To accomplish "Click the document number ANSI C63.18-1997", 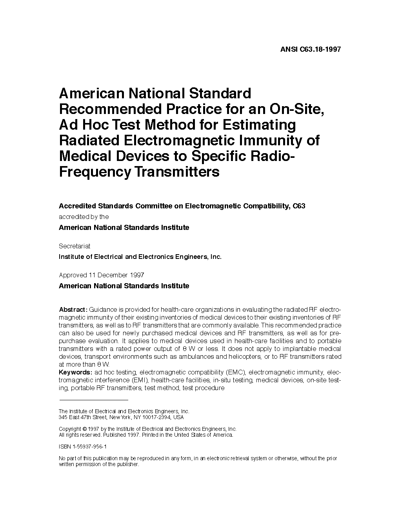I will (311, 49).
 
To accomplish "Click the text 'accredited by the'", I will (84, 217).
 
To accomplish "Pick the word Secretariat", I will (75, 246).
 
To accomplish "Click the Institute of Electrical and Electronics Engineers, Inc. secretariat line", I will (140, 257).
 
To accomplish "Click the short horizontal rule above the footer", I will (93, 400).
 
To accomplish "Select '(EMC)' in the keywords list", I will (235, 372).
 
